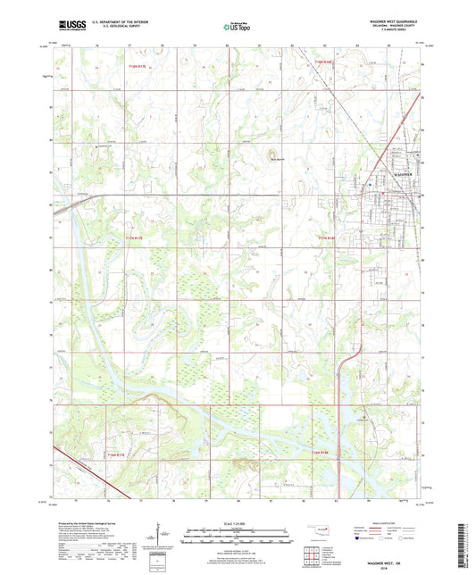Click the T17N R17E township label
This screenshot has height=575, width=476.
(133, 238)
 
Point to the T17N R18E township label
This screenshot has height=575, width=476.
(327, 238)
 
